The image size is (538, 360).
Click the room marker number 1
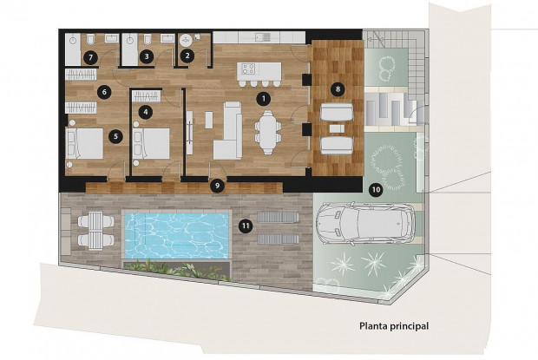[x=263, y=99]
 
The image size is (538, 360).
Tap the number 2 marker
[x=187, y=56]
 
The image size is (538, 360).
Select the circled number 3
[x=147, y=56]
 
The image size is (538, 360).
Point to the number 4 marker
[x=145, y=111]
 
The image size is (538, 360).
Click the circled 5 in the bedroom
[x=115, y=135]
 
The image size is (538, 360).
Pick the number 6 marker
[x=103, y=90]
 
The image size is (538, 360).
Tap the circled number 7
[x=90, y=57]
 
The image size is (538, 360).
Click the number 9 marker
[x=218, y=185]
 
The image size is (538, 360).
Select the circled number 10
[x=375, y=189]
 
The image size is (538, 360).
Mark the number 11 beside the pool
[x=246, y=226]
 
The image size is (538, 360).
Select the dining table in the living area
[x=267, y=131]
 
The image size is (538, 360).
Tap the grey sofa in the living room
[x=231, y=130]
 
